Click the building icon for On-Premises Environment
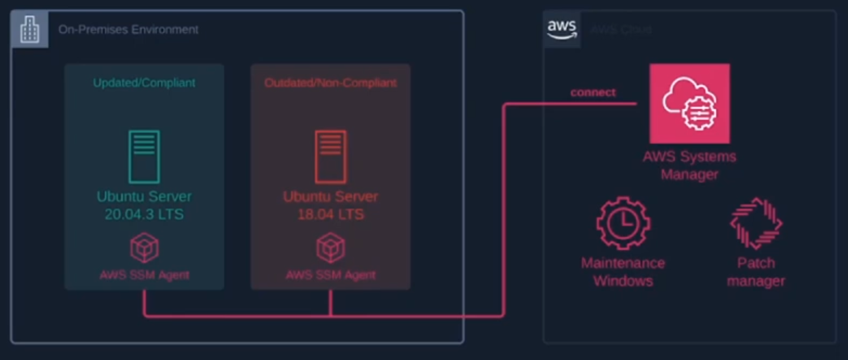[29, 29]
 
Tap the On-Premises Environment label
[128, 29]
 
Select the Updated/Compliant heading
[144, 83]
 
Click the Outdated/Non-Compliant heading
[331, 83]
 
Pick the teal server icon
[144, 157]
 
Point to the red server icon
[331, 157]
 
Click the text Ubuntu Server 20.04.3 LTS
[144, 205]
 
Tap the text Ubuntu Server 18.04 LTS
[331, 205]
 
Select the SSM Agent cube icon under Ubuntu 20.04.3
[144, 248]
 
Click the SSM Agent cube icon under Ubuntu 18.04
[331, 248]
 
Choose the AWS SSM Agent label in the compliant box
[144, 275]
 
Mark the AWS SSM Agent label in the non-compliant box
[331, 275]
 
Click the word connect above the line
[593, 93]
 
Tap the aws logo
[562, 29]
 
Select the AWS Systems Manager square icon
[689, 104]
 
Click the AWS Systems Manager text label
[689, 165]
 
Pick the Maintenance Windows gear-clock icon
[623, 223]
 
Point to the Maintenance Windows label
[623, 272]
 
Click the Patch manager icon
[756, 223]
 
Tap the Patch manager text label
[756, 272]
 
